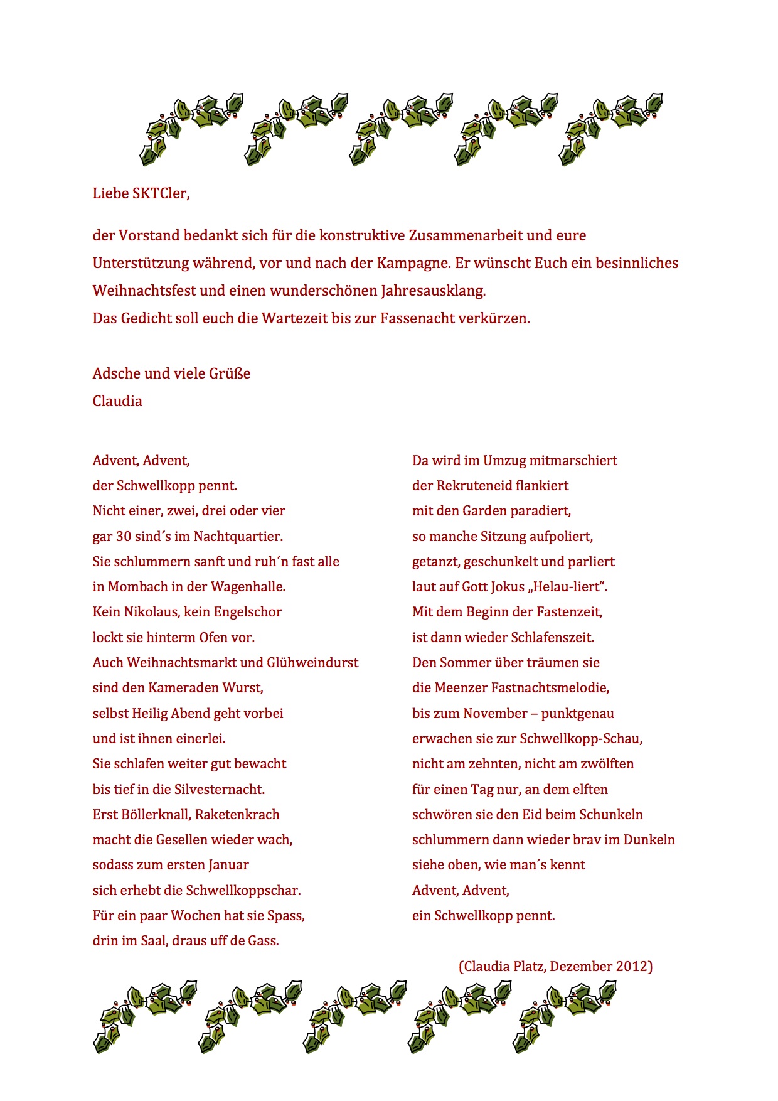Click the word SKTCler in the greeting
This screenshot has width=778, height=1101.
click(x=160, y=193)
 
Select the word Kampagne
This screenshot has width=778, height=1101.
click(x=413, y=263)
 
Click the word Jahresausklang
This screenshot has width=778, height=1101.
click(x=433, y=291)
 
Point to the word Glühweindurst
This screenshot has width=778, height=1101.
click(x=312, y=663)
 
